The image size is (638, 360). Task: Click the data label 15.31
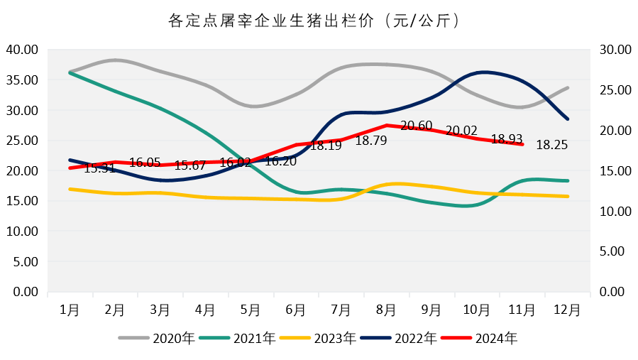[99, 168]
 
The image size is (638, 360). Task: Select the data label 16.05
[145, 163]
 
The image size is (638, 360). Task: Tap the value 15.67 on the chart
[190, 165]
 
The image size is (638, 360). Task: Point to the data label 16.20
[280, 161]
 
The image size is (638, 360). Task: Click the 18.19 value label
[326, 146]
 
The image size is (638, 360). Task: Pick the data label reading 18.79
[371, 141]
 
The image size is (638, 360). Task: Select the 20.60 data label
[417, 126]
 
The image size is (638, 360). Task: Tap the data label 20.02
[461, 131]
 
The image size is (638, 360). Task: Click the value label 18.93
[507, 139]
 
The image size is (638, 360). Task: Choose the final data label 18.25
[552, 145]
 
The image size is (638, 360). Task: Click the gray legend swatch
[134, 338]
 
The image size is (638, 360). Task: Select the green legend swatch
[214, 338]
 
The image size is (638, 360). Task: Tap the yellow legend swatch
[295, 338]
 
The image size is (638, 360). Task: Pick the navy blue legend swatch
[375, 338]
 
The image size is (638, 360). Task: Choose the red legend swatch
[456, 338]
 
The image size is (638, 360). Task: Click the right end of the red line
[522, 144]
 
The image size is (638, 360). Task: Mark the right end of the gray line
[568, 87]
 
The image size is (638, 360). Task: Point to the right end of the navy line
[568, 119]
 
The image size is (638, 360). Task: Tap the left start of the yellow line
[70, 189]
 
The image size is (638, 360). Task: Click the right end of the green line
[568, 181]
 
